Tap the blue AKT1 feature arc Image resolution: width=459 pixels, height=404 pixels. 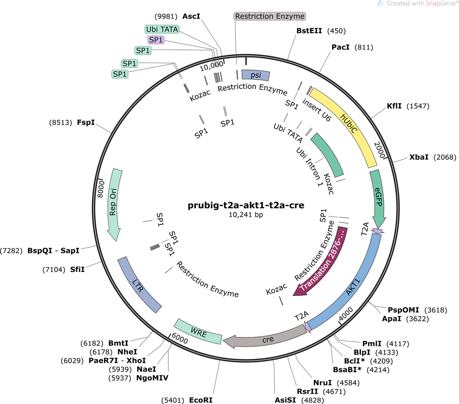[354, 289]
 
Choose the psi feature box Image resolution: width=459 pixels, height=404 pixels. [255, 75]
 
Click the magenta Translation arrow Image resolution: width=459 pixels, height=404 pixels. [322, 264]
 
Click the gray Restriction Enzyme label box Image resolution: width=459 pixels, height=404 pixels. [270, 16]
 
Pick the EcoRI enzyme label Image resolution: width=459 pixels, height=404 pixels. [201, 400]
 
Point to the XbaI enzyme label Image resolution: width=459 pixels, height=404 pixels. [419, 157]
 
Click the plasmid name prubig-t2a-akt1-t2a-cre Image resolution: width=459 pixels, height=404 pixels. [246, 205]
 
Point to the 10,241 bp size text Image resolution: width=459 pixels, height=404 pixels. [246, 215]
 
